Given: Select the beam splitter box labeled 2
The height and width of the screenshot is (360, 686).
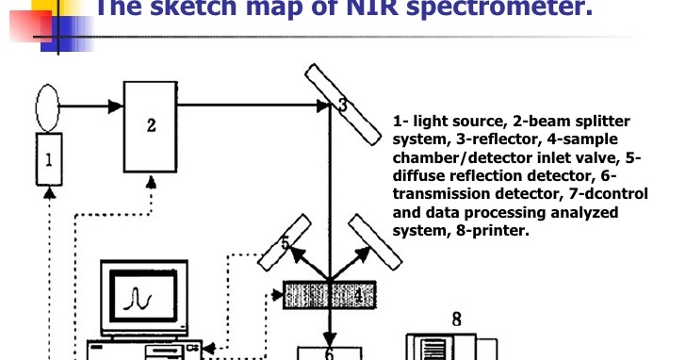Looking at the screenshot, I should point(151,126).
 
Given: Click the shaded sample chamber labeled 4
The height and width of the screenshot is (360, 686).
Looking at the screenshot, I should point(329,295).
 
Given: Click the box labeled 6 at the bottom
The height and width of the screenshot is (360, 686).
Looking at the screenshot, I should point(329,353).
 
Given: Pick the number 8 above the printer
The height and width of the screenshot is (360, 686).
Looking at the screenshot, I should point(455,319).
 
